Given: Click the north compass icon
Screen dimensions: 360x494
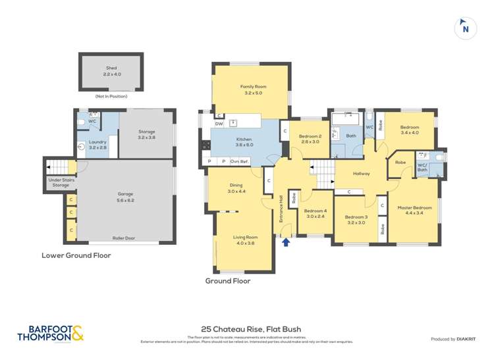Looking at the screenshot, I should tap(465, 28).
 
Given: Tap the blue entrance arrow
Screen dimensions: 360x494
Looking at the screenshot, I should tap(285, 242).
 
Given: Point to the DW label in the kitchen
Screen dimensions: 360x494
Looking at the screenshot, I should tap(219, 123).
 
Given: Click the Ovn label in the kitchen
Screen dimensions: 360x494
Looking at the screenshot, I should tap(234, 161).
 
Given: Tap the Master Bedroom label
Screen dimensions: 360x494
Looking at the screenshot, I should tap(414, 211).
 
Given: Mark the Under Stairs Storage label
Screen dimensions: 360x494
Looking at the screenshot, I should tap(60, 182).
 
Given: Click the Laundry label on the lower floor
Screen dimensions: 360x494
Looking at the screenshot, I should tap(97, 144).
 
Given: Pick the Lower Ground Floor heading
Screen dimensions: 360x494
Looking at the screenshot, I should tap(76, 255).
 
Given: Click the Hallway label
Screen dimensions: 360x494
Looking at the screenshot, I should tap(361, 174).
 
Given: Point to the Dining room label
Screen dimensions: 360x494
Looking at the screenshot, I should tap(236, 188).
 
